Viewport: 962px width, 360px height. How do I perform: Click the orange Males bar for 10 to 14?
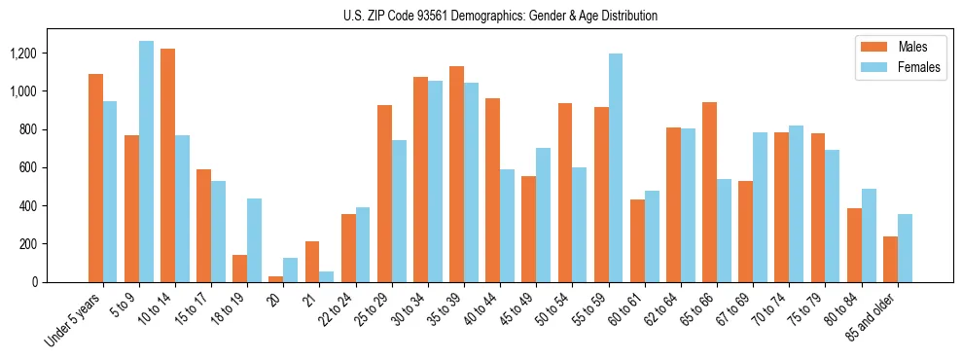168,165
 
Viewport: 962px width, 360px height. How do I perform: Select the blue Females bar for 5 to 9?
147,162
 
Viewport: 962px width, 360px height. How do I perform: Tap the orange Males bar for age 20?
276,279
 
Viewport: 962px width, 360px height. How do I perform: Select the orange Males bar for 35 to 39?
457,174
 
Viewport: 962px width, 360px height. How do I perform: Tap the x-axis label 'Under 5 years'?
75,322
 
